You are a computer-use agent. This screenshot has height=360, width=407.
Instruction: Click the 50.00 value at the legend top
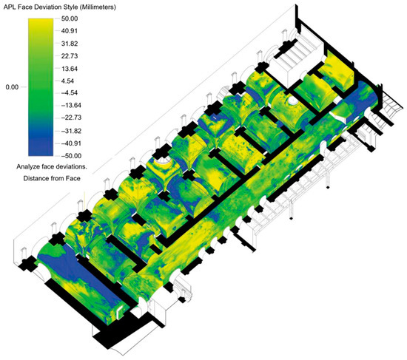[x=70, y=18]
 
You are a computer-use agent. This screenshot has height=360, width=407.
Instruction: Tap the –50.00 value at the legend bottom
[x=71, y=156]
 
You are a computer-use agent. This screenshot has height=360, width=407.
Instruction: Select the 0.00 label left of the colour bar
[x=12, y=87]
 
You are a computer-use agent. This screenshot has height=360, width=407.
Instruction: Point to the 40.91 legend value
[x=70, y=31]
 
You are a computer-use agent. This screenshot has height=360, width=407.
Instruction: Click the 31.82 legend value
[x=70, y=44]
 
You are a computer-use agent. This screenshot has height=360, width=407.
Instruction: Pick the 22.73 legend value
[x=70, y=56]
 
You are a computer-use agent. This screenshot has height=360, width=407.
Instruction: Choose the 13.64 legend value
[x=70, y=69]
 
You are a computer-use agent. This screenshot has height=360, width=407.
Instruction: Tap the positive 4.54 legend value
[x=67, y=81]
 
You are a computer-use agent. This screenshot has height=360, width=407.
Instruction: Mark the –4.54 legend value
[x=69, y=93]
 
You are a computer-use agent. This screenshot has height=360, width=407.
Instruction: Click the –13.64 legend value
[x=71, y=105]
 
